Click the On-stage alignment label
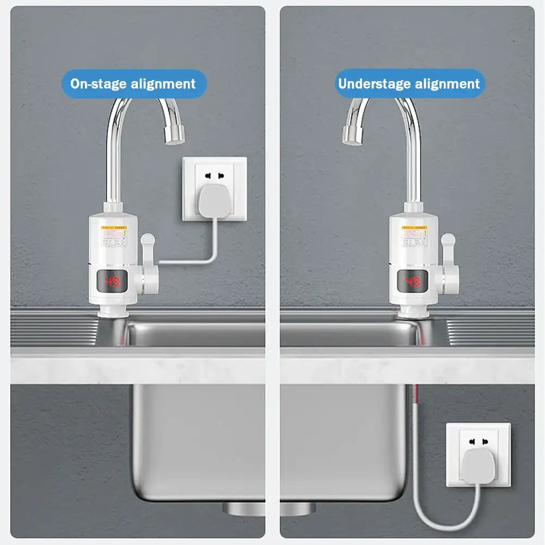point(133,84)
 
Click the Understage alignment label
point(409,84)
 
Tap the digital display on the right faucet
point(413,281)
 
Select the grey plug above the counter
point(214,201)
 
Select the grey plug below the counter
point(479,466)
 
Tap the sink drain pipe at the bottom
point(270,509)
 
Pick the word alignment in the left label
point(163,84)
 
